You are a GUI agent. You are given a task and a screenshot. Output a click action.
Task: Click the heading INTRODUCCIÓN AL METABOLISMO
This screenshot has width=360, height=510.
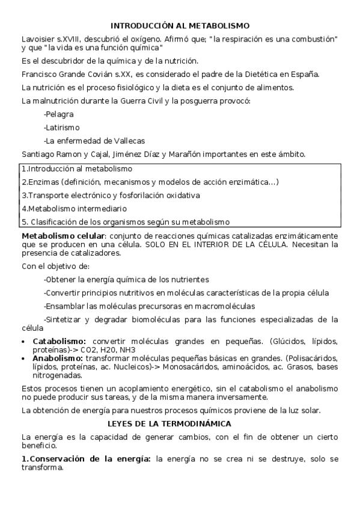[180, 26]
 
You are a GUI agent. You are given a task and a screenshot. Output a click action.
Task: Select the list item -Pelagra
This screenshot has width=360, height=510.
[59, 114]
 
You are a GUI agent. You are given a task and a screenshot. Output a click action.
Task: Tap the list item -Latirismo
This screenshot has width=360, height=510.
[61, 127]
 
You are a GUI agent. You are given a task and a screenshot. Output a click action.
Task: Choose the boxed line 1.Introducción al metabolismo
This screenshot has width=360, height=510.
[76, 169]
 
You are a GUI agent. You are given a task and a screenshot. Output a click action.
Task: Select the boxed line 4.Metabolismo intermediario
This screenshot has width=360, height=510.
[74, 209]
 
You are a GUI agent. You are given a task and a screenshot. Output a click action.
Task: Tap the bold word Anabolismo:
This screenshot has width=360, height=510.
[58, 357]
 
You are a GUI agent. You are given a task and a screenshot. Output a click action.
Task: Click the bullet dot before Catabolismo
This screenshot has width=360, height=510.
[24, 341]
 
